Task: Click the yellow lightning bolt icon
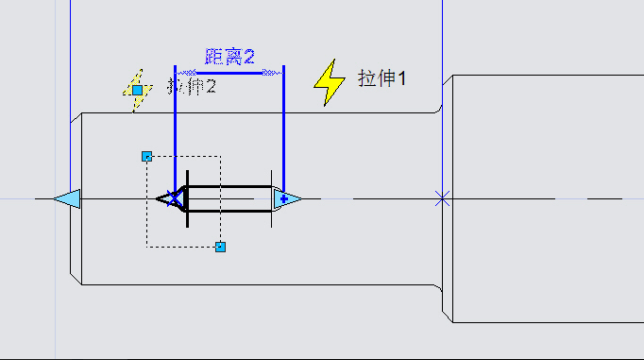[x=330, y=82]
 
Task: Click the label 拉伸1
[x=381, y=78]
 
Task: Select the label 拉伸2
[x=193, y=87]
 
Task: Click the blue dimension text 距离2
[x=230, y=57]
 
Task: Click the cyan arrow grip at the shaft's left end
[x=67, y=198]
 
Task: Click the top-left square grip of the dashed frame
[x=146, y=156]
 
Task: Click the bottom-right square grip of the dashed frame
[x=220, y=247]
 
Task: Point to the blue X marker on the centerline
[x=441, y=198]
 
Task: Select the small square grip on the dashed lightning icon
[x=137, y=90]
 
